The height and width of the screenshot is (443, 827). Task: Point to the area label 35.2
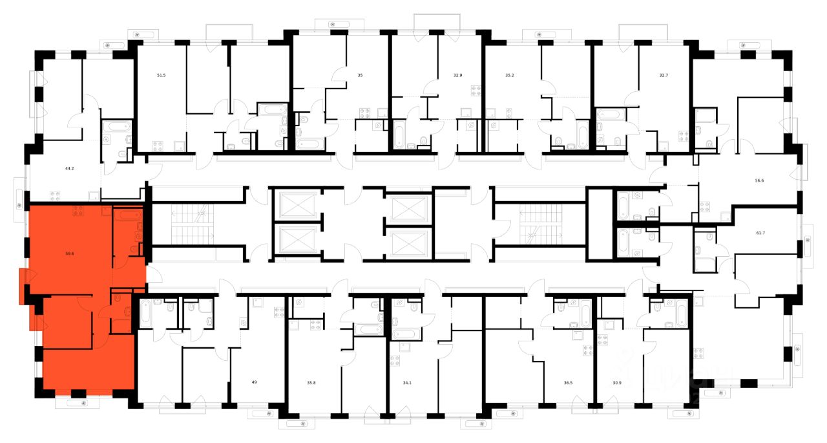click(510, 76)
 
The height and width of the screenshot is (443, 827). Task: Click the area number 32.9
click(457, 76)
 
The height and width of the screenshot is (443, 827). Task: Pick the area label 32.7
click(664, 76)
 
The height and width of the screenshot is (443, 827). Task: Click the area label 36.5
click(568, 383)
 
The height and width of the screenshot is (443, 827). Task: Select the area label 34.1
click(406, 383)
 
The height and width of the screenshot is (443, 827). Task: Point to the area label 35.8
click(311, 383)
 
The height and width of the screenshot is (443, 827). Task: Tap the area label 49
click(255, 383)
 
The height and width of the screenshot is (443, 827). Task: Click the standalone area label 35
click(360, 76)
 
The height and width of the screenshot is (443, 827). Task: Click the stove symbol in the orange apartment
click(79, 210)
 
